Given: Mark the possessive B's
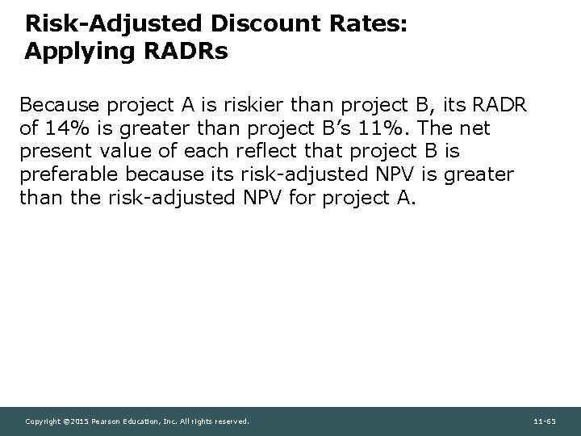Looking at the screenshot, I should click(x=346, y=129).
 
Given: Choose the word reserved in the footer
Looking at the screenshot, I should click(x=232, y=421).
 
